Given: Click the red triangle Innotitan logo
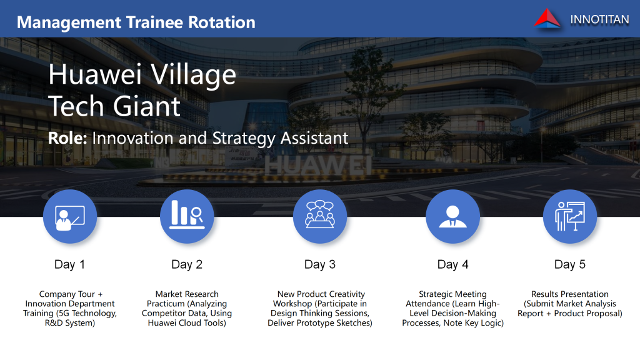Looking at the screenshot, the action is click(x=547, y=19).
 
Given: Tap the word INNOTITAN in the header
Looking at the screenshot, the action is click(x=599, y=19).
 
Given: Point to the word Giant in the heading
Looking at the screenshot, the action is click(x=146, y=106).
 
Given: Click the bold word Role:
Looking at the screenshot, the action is click(x=67, y=138).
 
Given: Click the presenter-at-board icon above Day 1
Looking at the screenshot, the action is click(x=70, y=217).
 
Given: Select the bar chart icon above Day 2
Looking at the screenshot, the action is click(x=187, y=216).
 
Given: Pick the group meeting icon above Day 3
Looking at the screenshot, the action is click(x=320, y=216).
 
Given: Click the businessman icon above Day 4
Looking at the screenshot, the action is click(x=452, y=216).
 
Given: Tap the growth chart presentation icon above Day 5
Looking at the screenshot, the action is click(x=570, y=216).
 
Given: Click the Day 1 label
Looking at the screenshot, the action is click(x=70, y=264).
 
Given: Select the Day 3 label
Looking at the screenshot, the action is click(x=320, y=264).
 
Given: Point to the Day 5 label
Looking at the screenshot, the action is click(x=570, y=264).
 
